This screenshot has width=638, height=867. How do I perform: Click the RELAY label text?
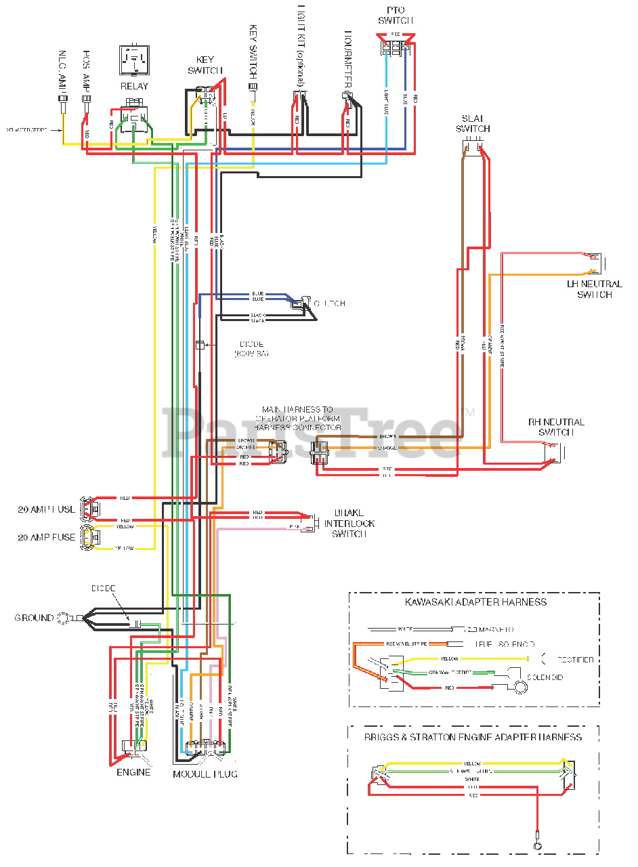pos(134,86)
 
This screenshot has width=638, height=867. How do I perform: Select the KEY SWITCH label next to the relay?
pos(201,65)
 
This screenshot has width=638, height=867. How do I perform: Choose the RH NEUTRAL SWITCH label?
pos(556,427)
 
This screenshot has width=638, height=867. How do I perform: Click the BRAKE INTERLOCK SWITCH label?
pos(349,523)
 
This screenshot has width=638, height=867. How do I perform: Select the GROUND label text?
pos(34,618)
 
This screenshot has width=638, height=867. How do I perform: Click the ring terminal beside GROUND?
pos(64,618)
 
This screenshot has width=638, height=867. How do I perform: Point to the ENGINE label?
pos(133,772)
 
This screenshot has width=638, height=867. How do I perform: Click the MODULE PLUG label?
pos(205,774)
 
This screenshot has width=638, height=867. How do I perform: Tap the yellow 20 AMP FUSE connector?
pos(89,536)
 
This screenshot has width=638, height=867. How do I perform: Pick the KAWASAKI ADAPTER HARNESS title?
pos(474,601)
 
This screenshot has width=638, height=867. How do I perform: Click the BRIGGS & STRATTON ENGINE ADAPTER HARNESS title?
pos(473,737)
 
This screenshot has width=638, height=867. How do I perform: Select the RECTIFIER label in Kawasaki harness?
pos(576,659)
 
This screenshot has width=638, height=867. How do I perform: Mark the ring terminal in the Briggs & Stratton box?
pos(537,846)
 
